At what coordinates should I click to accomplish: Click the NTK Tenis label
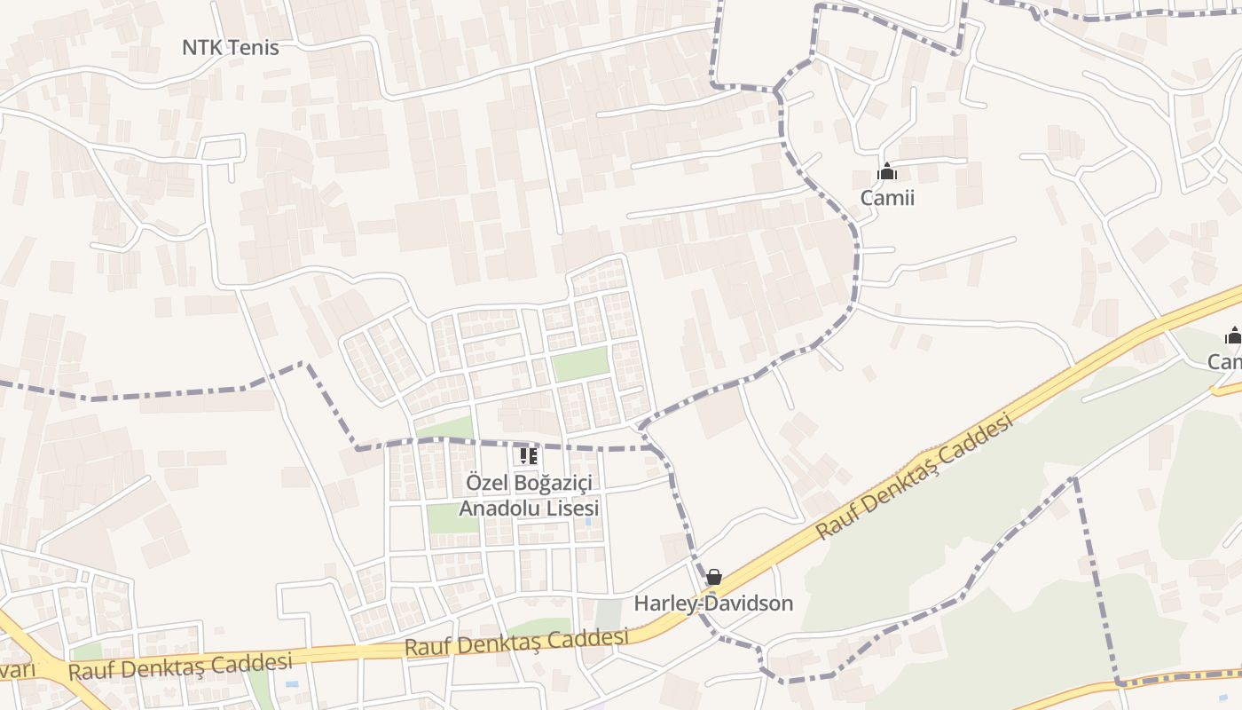pos(230,48)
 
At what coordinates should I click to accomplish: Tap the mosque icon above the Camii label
pos(886,171)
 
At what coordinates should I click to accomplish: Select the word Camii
pos(886,197)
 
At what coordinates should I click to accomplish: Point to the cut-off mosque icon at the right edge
pos(1233,335)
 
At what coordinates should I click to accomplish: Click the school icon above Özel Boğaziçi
pos(528,456)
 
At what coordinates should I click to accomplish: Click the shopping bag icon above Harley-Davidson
pos(713,578)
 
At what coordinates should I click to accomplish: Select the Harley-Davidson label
pos(713,603)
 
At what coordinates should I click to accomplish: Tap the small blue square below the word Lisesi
pos(587,522)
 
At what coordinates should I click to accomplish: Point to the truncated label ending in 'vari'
pos(18,668)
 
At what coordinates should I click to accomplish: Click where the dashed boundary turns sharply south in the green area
pos(1074,479)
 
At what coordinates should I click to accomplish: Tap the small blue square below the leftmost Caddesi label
pos(292,686)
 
